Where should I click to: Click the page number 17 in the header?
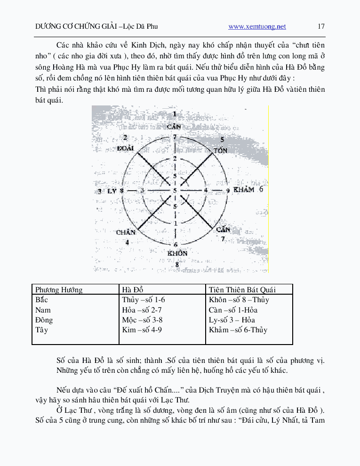(321, 26)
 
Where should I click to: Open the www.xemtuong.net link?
(257, 27)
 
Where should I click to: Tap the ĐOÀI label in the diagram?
(126, 148)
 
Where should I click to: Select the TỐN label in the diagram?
(221, 150)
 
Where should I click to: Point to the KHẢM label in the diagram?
(244, 190)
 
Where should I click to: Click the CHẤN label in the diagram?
(126, 232)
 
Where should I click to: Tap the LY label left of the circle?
(112, 191)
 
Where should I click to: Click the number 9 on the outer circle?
(228, 191)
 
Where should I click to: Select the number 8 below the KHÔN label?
(177, 265)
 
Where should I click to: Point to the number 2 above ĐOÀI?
(125, 137)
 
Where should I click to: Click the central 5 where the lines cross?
(175, 190)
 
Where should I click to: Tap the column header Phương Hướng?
(59, 289)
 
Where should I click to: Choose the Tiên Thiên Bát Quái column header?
(242, 289)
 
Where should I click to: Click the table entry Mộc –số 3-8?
(142, 320)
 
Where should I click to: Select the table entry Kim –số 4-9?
(142, 330)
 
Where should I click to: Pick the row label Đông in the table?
(44, 320)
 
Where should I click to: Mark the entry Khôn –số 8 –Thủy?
(239, 300)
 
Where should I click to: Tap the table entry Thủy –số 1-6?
(143, 300)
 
